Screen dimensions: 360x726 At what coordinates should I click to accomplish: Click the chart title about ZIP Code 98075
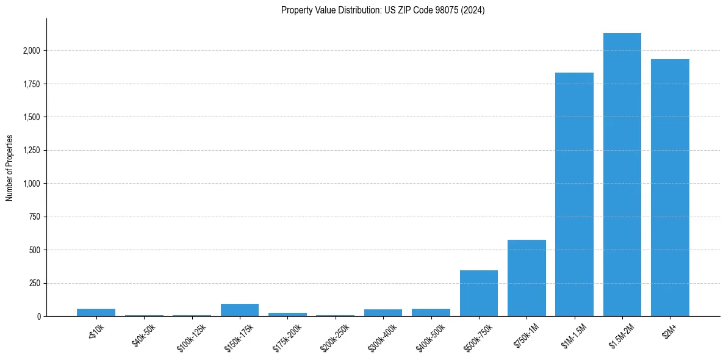click(x=383, y=10)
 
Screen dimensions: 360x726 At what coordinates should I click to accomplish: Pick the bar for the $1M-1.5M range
click(x=574, y=195)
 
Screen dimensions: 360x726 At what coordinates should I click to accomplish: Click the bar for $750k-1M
click(x=527, y=278)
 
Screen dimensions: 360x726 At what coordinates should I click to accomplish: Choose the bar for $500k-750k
click(x=478, y=293)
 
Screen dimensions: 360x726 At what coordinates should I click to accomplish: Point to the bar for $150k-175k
click(x=240, y=310)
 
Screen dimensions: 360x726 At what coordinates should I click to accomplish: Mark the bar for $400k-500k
click(x=431, y=312)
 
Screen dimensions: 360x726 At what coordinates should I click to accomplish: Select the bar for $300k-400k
click(x=383, y=313)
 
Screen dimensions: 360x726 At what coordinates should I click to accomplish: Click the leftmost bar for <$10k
click(x=96, y=312)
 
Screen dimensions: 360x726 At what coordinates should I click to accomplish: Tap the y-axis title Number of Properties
click(x=9, y=168)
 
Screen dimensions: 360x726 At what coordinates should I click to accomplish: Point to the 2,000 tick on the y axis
click(x=31, y=51)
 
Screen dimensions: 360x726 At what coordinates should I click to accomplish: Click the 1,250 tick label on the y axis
click(x=31, y=151)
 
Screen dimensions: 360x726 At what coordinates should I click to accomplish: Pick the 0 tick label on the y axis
click(x=38, y=317)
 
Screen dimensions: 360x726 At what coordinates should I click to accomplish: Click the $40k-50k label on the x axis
click(x=143, y=334)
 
